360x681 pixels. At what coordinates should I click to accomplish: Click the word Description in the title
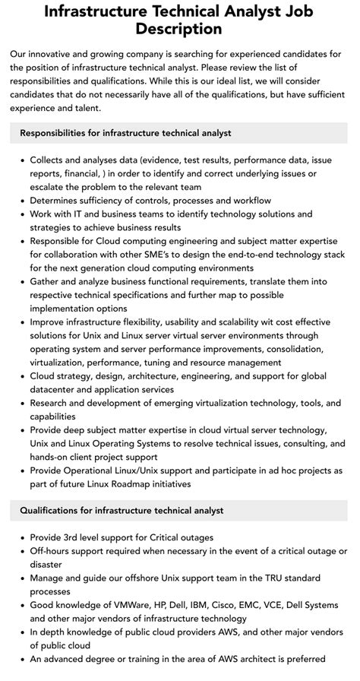point(180,29)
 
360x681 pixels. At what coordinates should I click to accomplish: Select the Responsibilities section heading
point(125,133)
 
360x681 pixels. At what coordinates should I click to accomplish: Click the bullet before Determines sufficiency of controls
point(21,201)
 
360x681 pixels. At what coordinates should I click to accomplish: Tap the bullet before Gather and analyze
point(21,282)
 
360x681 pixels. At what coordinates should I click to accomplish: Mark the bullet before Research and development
point(21,404)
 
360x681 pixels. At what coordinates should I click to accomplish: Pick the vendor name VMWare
point(139,605)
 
